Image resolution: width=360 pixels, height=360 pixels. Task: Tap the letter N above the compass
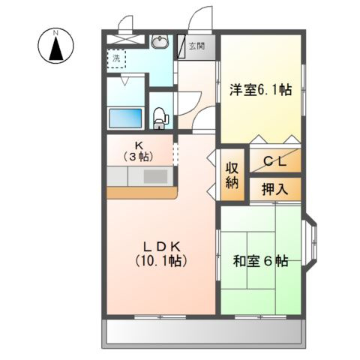[x=55, y=31]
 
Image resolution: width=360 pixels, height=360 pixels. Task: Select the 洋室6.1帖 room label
[x=260, y=89]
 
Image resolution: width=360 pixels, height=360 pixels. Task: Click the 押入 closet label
[x=274, y=187]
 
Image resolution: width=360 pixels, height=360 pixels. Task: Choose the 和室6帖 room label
[x=260, y=262]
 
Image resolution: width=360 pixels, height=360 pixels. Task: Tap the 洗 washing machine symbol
[x=117, y=58]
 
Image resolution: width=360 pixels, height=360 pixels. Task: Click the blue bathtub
[x=125, y=118]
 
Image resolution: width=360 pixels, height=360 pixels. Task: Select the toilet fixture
[x=159, y=116]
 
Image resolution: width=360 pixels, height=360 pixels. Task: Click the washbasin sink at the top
[x=159, y=43]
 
